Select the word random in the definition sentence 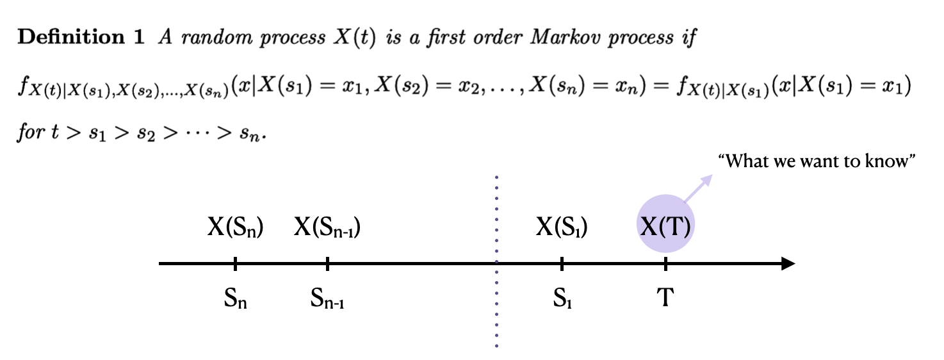point(206,38)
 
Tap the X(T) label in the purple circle point(665,227)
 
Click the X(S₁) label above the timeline point(562,227)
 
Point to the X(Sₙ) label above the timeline point(235,227)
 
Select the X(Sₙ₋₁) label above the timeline point(327,227)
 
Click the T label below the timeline point(665,297)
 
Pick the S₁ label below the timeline point(562,298)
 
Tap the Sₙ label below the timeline point(235,298)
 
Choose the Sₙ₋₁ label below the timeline point(327,298)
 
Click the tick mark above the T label point(665,263)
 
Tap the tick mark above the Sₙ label point(235,263)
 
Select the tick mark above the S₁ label point(562,263)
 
